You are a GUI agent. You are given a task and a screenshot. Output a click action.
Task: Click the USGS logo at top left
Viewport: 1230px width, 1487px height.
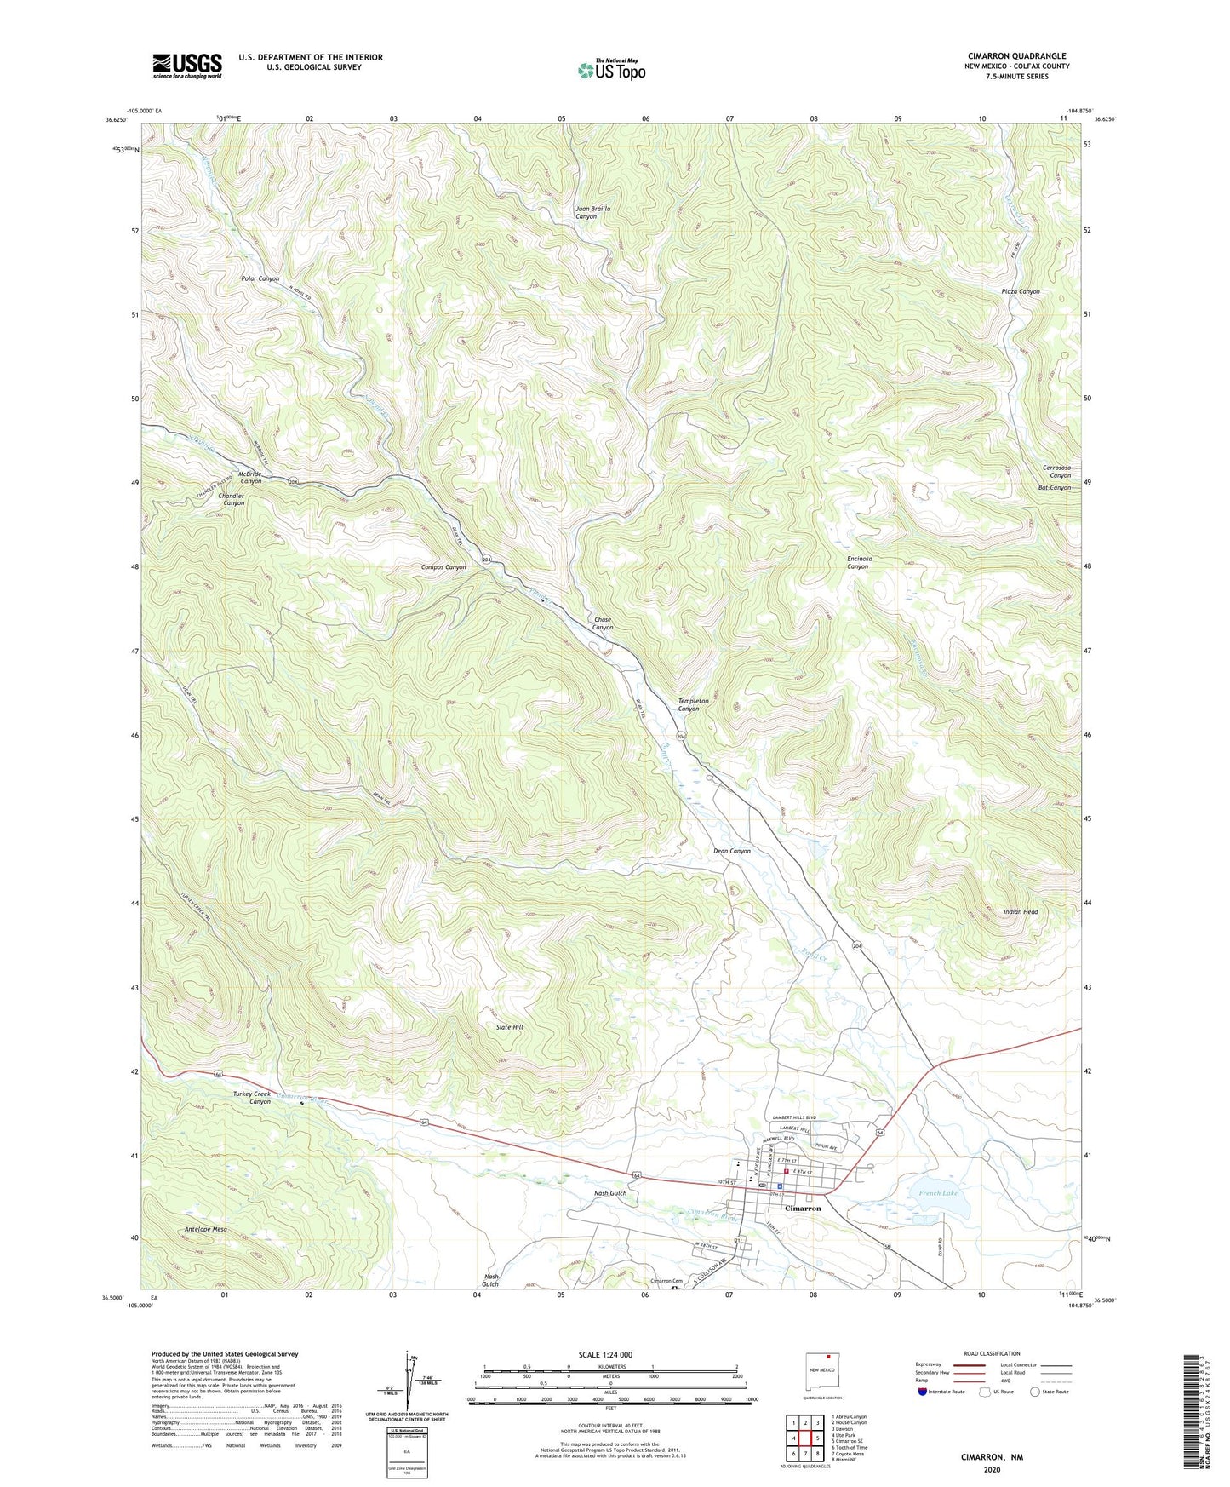[187, 66]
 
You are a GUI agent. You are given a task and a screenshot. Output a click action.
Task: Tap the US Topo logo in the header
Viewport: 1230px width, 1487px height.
[610, 70]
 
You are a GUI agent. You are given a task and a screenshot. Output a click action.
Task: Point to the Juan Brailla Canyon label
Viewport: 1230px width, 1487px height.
[592, 212]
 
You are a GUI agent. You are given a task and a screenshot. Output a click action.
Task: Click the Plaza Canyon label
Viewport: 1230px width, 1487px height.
[1020, 291]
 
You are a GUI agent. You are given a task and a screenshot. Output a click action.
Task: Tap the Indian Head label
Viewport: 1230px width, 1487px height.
[1020, 911]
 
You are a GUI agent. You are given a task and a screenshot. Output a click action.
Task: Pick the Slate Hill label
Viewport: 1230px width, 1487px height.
[509, 1027]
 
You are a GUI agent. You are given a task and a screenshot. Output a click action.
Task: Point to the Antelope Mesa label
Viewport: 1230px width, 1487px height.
[206, 1229]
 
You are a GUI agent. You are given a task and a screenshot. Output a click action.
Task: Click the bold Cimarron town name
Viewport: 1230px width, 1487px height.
[802, 1208]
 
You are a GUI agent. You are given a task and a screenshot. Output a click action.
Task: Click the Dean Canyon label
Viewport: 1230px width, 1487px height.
[731, 851]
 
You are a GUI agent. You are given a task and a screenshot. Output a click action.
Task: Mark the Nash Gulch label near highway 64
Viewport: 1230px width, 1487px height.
[609, 1193]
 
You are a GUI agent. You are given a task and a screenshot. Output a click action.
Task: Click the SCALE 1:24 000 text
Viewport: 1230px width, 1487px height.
[605, 1354]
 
